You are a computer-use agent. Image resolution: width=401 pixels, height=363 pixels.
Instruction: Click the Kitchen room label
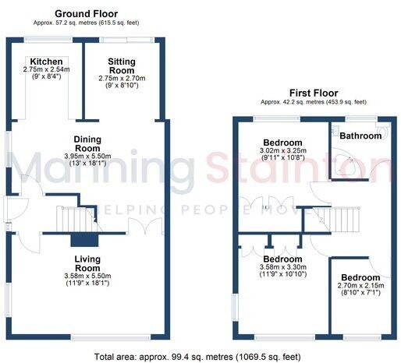46,61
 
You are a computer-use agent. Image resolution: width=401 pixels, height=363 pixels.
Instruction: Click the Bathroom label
360,136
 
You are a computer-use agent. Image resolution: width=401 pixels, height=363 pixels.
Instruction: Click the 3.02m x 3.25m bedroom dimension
282,151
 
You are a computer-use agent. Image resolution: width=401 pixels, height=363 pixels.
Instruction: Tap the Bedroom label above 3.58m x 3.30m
282,259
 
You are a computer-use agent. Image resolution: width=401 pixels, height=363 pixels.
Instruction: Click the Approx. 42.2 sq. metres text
313,102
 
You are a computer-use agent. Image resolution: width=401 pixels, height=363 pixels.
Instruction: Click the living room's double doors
137,227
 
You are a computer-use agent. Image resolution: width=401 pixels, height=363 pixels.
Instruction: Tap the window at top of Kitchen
46,38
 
